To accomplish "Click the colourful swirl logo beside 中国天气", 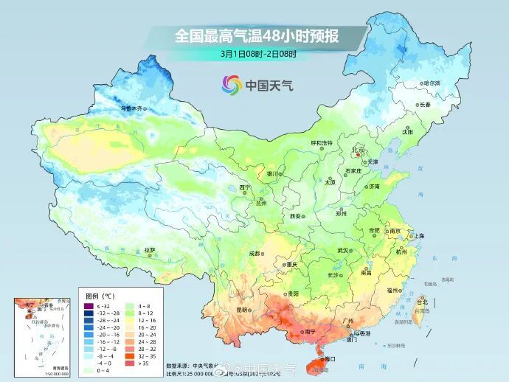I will coord(232,85).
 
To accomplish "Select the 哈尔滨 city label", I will coord(430,83).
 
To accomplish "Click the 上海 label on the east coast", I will coord(418,235).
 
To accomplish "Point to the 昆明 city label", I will coord(242,310).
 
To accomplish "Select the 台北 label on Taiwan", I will coord(421,302).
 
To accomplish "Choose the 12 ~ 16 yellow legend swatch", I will coord(128,321).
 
